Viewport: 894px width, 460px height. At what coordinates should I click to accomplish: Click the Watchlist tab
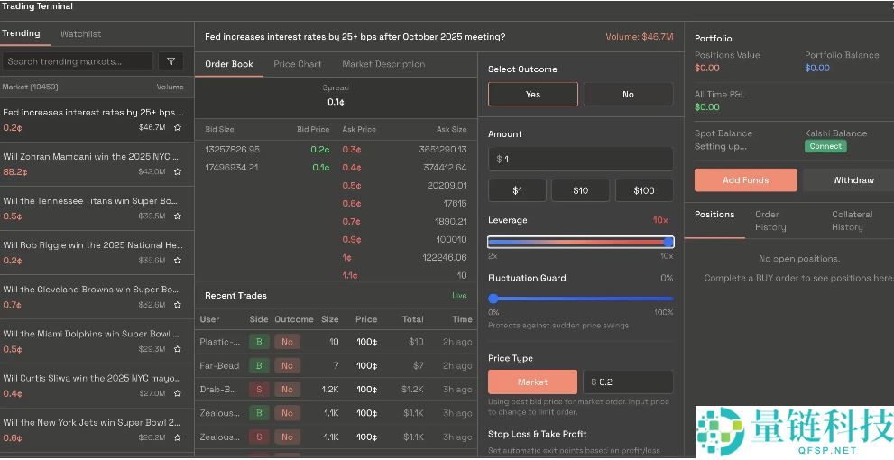click(x=80, y=34)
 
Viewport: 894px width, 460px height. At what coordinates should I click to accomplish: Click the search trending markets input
click(x=78, y=61)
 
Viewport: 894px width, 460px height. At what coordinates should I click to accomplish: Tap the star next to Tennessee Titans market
click(x=178, y=216)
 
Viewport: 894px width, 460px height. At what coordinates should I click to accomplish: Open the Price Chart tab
click(x=298, y=64)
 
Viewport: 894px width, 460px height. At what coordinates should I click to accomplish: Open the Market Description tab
click(x=383, y=64)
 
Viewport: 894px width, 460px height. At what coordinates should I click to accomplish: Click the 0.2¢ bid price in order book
click(x=320, y=150)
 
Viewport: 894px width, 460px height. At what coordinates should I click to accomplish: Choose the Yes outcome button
click(x=532, y=94)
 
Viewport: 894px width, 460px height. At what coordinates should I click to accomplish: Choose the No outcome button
click(x=628, y=94)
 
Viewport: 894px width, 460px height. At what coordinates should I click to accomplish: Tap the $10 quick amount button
click(x=580, y=190)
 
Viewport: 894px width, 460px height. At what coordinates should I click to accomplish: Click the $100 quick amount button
click(x=644, y=190)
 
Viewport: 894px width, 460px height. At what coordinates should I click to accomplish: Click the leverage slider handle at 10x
click(x=668, y=242)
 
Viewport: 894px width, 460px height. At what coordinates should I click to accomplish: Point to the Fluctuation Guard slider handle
click(x=493, y=299)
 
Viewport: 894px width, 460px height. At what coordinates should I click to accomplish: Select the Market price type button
click(x=532, y=382)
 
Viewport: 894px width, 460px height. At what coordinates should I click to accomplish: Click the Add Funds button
click(x=745, y=180)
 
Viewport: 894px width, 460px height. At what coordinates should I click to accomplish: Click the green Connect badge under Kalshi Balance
click(x=825, y=146)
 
